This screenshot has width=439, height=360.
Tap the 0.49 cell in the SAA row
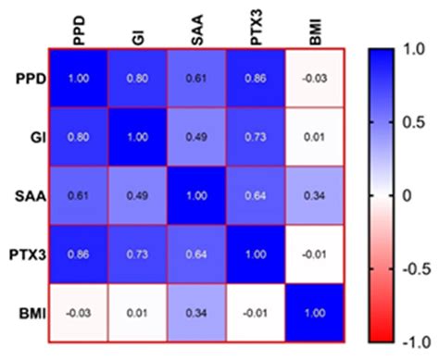(138, 194)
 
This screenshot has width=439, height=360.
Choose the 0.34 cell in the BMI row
(197, 312)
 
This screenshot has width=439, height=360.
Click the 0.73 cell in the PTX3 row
(138, 253)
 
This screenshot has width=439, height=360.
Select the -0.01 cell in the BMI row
(257, 312)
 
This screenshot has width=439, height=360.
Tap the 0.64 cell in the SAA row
(257, 194)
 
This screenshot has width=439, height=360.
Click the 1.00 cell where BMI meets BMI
(316, 312)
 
